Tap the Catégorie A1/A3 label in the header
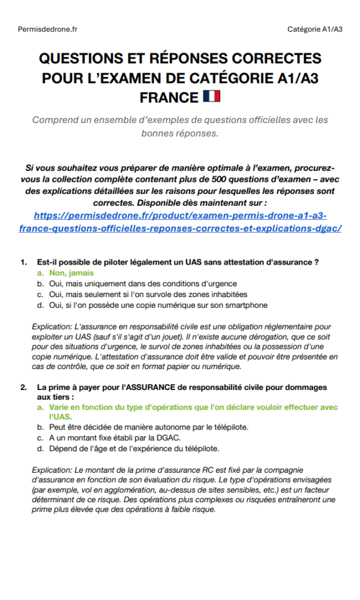pos(314,29)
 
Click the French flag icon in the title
pos(212,96)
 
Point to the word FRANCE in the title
pos(169,97)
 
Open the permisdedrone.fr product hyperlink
pos(180,222)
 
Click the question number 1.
pos(24,262)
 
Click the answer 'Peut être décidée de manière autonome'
pos(148,427)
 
